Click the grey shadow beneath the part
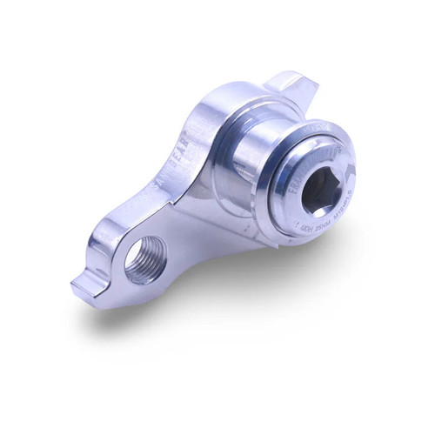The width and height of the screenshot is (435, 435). pos(217,322)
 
